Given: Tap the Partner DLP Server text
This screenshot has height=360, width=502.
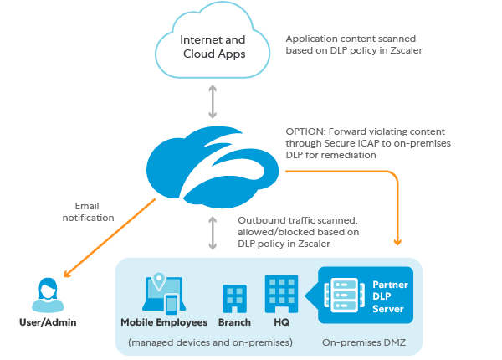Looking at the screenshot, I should (387, 296).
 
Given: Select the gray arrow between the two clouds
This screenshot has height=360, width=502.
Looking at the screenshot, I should (214, 100).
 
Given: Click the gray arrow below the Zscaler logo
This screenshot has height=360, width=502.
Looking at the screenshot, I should (213, 232).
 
